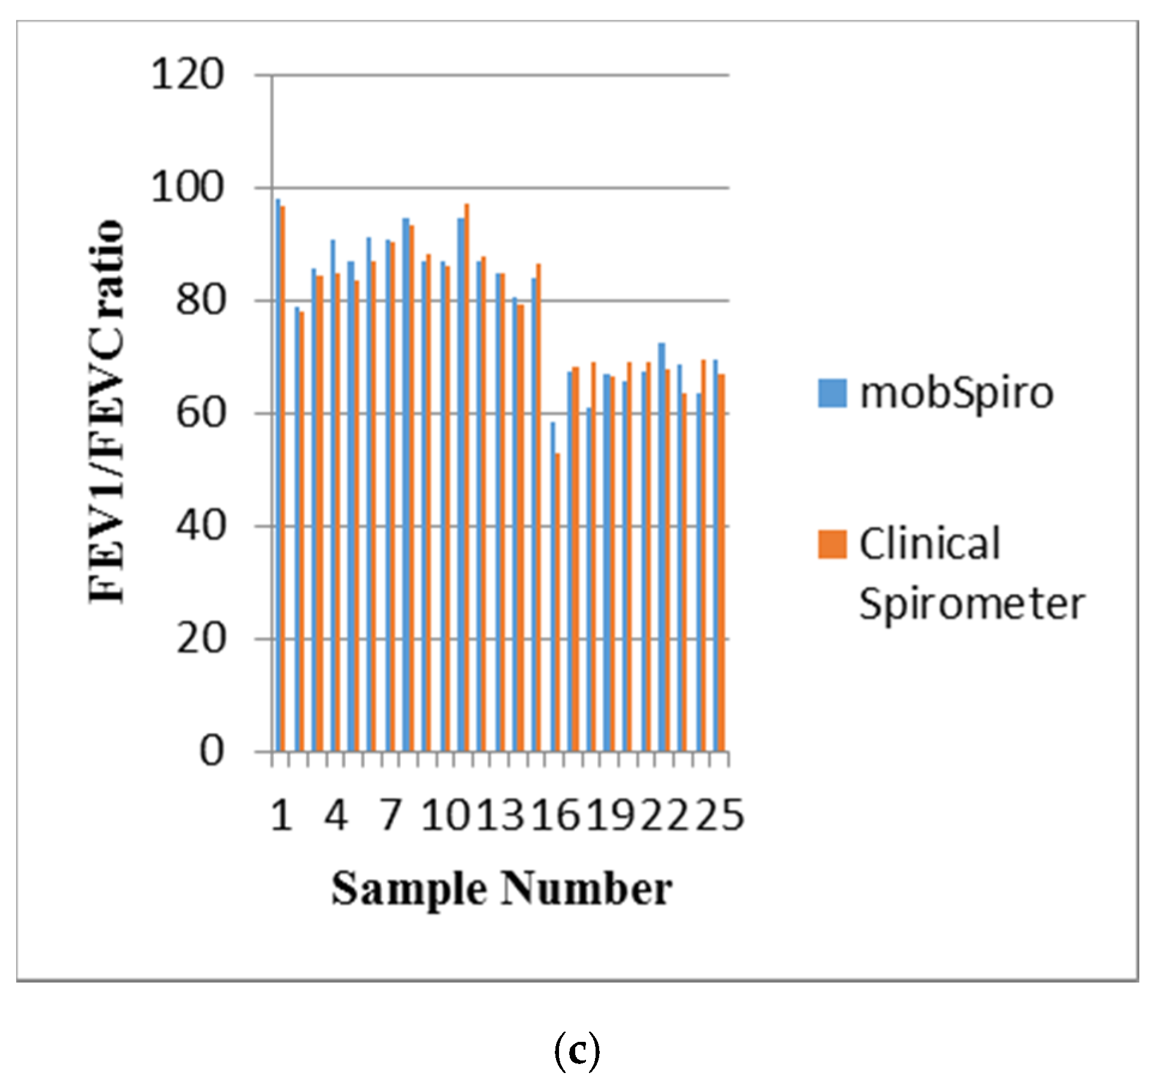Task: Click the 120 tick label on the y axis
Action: pyautogui.click(x=187, y=75)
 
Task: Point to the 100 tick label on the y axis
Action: pyautogui.click(x=187, y=188)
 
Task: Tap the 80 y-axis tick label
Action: pyautogui.click(x=200, y=300)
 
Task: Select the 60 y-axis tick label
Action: pyautogui.click(x=200, y=413)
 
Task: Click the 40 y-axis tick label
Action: pyautogui.click(x=200, y=526)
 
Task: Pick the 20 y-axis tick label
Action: pyautogui.click(x=200, y=639)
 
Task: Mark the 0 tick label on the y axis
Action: pyautogui.click(x=212, y=751)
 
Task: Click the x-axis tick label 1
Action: pyautogui.click(x=282, y=815)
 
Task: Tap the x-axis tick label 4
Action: pyautogui.click(x=336, y=815)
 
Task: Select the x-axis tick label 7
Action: pyautogui.click(x=391, y=815)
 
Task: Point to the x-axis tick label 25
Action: pyautogui.click(x=720, y=815)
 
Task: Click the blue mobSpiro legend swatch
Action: pyautogui.click(x=832, y=393)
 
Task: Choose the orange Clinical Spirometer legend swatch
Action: pyautogui.click(x=832, y=544)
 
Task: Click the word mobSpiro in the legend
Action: pyautogui.click(x=956, y=394)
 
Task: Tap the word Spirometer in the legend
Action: pyautogui.click(x=972, y=604)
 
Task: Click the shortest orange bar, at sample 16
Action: pyautogui.click(x=558, y=602)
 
